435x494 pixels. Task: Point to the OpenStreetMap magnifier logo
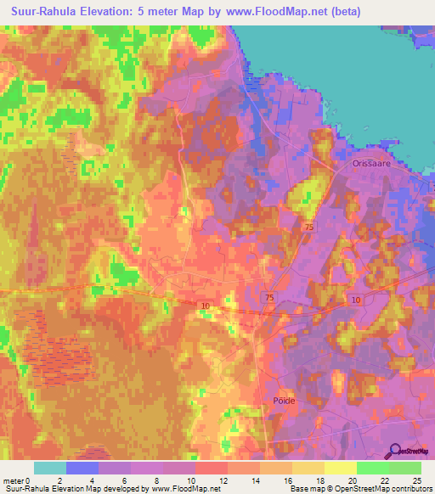pyautogui.click(x=396, y=452)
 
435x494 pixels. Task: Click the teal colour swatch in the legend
pyautogui.click(x=50, y=468)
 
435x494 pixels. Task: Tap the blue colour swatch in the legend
pyautogui.click(x=82, y=468)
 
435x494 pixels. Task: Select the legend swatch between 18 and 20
pyautogui.click(x=340, y=468)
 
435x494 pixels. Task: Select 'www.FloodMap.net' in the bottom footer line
pyautogui.click(x=178, y=489)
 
